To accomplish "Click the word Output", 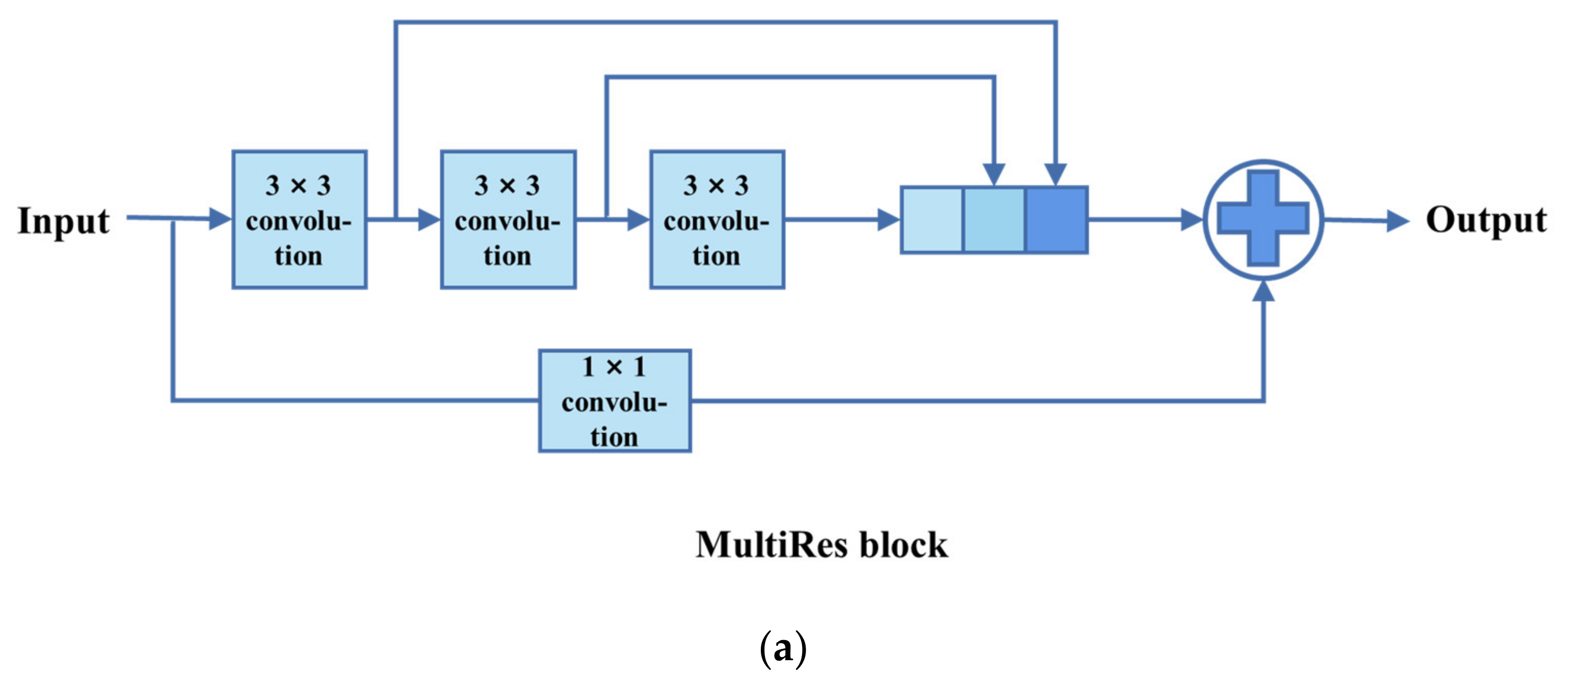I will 1486,221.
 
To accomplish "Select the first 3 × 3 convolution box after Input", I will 299,220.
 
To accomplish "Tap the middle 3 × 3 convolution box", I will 508,220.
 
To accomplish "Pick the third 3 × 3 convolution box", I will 717,220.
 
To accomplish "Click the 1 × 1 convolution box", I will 614,401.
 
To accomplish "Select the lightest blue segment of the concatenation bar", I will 932,220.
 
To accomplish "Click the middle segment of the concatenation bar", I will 994,220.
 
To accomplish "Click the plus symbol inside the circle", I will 1263,219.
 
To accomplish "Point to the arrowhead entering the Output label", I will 1397,221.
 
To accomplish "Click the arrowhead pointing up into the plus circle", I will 1264,292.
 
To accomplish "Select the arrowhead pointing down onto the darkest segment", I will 1055,174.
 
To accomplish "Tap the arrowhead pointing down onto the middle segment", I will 994,174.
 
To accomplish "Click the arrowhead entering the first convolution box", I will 220,218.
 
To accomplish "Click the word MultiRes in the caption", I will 771,545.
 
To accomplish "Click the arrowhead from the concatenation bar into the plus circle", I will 1191,220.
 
